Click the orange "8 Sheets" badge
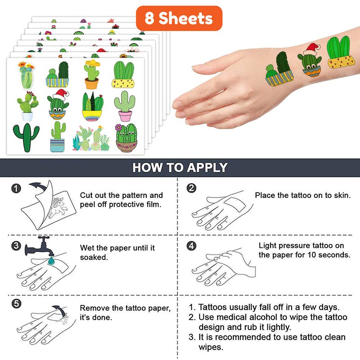(x=179, y=18)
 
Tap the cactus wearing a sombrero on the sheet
(x=92, y=74)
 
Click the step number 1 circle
(x=16, y=189)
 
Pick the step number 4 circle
(x=191, y=246)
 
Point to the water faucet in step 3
(x=40, y=246)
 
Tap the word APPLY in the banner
(x=207, y=167)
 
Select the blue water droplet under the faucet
(x=51, y=261)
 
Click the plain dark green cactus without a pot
(x=27, y=137)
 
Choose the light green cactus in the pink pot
(x=125, y=106)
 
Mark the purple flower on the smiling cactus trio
(x=118, y=127)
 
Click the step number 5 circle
(x=16, y=304)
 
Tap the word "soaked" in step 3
(x=94, y=257)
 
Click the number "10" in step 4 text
(x=312, y=255)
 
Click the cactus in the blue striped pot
(x=58, y=137)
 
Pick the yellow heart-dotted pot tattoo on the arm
(x=339, y=52)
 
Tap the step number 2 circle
(x=191, y=188)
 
